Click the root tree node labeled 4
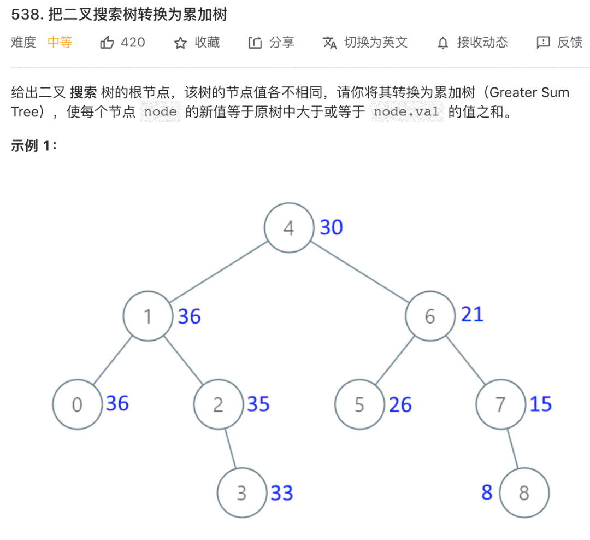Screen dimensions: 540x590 click(x=289, y=228)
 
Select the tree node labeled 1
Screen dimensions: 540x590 click(x=148, y=316)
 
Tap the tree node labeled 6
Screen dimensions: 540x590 click(x=430, y=316)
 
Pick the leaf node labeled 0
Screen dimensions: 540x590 click(x=78, y=404)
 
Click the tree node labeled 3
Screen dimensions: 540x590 click(x=242, y=493)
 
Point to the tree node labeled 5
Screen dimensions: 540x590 click(x=359, y=404)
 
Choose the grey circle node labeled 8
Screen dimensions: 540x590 click(x=524, y=493)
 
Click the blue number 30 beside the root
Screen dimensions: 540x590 click(x=331, y=227)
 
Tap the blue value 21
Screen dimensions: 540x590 click(x=472, y=315)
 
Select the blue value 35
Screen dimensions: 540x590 click(x=258, y=404)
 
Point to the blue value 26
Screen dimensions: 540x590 click(x=400, y=405)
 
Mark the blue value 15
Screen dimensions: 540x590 click(x=541, y=404)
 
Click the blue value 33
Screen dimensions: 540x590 click(x=282, y=493)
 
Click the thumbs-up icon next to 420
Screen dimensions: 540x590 click(x=107, y=43)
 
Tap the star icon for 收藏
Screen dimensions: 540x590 click(x=180, y=43)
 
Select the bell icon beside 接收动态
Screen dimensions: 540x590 click(x=443, y=43)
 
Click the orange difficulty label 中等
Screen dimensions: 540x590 click(x=60, y=43)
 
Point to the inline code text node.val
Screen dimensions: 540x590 click(x=406, y=112)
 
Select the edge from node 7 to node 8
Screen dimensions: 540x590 click(x=514, y=448)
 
